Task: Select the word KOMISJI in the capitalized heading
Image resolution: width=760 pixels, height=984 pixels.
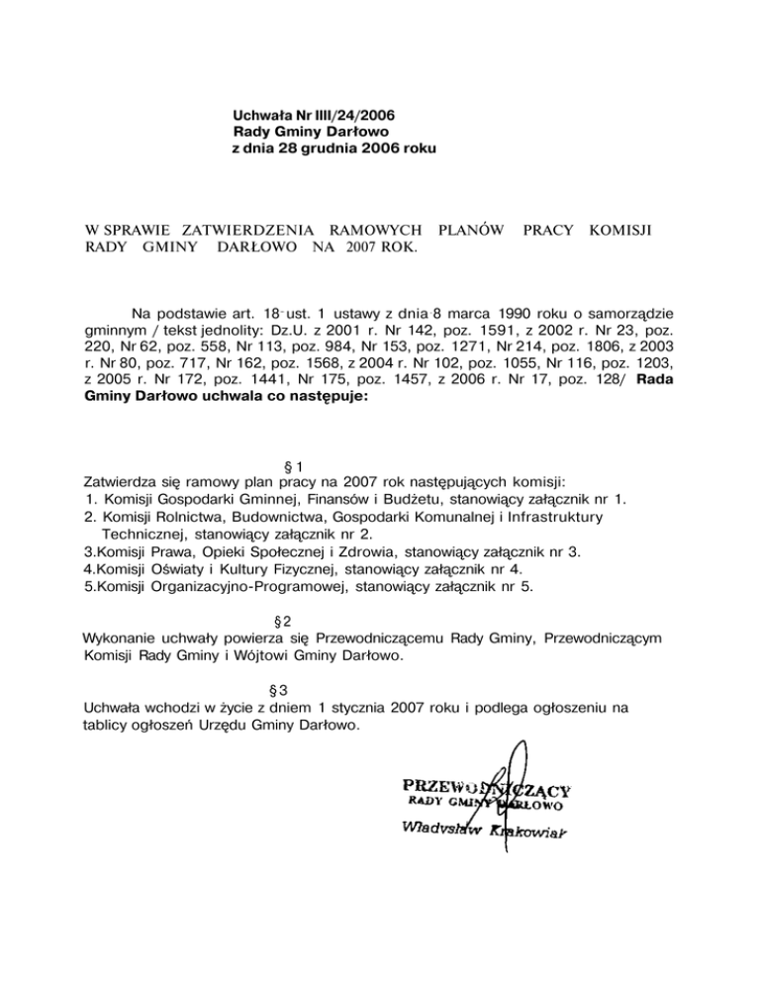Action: [x=623, y=230]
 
